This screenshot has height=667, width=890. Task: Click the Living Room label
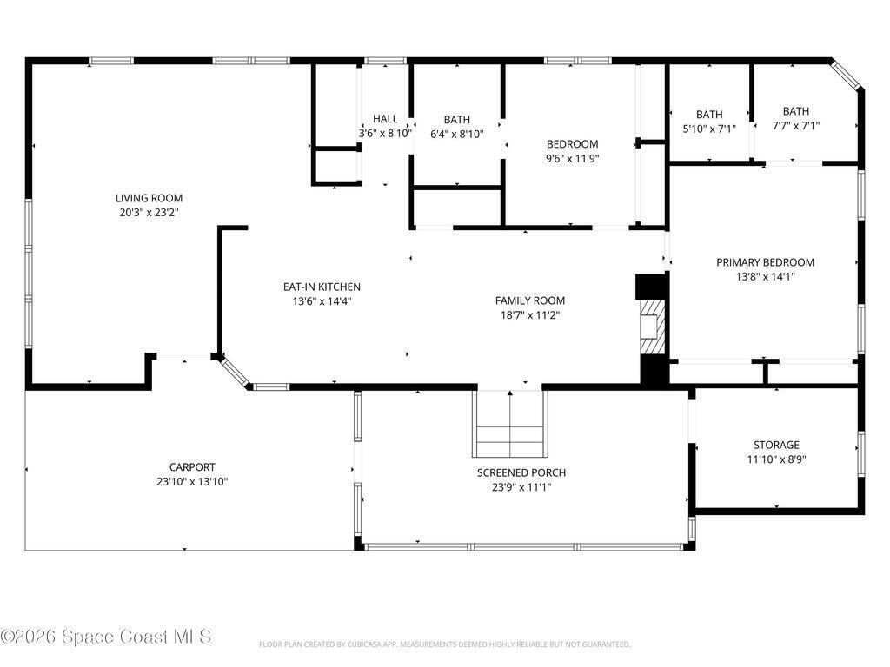pos(149,198)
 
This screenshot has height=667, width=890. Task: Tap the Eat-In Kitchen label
pos(322,287)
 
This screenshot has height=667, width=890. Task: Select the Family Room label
pos(530,300)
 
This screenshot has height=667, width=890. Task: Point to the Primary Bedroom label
pos(765,262)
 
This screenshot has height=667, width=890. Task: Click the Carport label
pos(192,466)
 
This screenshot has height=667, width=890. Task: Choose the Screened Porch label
pos(521,472)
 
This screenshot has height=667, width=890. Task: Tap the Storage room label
pos(776,445)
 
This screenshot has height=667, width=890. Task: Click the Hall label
pos(385,118)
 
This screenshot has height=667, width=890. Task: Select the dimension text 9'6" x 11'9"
pos(572,158)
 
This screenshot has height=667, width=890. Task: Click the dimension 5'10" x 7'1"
pos(709,129)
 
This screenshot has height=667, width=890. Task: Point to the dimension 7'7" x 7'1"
pos(796,125)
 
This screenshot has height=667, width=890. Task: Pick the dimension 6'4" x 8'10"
pos(457,134)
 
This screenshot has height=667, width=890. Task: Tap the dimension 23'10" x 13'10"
pos(192,481)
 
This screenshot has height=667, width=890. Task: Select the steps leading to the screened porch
pos(510,424)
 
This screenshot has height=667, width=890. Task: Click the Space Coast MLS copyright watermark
pos(106,637)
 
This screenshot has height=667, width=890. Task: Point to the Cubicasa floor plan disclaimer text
pos(444,644)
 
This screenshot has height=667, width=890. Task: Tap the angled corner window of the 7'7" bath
pos(847,75)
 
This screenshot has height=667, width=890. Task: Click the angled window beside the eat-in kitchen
pos(235,372)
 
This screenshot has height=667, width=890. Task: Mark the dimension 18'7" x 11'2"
pos(530,315)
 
